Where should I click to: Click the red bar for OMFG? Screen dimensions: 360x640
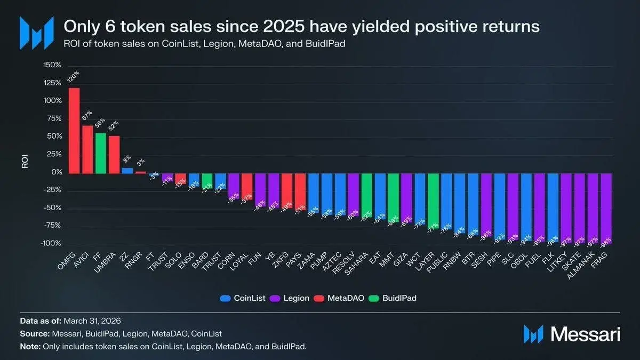coord(74,130)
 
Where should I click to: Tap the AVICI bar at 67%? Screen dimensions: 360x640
coord(87,149)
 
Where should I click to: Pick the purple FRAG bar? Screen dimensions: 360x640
coord(605,208)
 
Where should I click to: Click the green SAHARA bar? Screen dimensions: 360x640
coord(366,195)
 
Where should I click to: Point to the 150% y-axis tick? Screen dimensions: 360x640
coord(52,65)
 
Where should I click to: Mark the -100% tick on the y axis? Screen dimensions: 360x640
coord(51,244)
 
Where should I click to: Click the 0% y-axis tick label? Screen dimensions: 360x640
coord(56,172)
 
